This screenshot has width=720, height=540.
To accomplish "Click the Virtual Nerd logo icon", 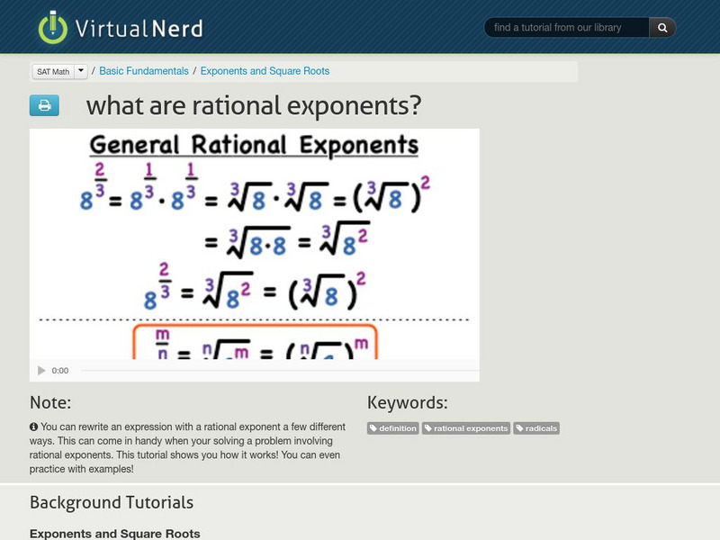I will pyautogui.click(x=53, y=27).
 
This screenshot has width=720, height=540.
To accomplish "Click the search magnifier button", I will pyautogui.click(x=662, y=28).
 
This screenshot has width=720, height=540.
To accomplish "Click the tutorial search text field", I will pyautogui.click(x=567, y=28).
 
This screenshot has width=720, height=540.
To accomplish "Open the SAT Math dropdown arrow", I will pyautogui.click(x=81, y=70).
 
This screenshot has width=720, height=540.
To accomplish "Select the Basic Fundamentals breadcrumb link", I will pyautogui.click(x=144, y=71).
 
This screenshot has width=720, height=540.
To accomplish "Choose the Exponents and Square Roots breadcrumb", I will pyautogui.click(x=265, y=71).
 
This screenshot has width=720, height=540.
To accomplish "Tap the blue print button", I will pyautogui.click(x=44, y=105).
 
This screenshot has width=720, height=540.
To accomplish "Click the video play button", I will pyautogui.click(x=41, y=371).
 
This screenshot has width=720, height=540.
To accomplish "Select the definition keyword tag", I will pyautogui.click(x=393, y=428).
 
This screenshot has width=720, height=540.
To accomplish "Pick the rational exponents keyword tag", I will pyautogui.click(x=466, y=428).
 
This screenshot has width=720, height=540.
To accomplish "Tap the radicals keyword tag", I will pyautogui.click(x=536, y=428).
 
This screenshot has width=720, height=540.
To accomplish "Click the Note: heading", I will pyautogui.click(x=50, y=402).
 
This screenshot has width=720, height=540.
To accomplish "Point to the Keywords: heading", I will pyautogui.click(x=407, y=402).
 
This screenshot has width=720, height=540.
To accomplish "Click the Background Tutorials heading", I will pyautogui.click(x=112, y=502).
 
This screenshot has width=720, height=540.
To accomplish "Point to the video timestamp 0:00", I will pyautogui.click(x=60, y=371).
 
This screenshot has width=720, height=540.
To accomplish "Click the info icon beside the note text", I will pyautogui.click(x=33, y=427).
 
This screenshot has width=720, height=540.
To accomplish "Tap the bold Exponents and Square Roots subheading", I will pyautogui.click(x=115, y=534).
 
